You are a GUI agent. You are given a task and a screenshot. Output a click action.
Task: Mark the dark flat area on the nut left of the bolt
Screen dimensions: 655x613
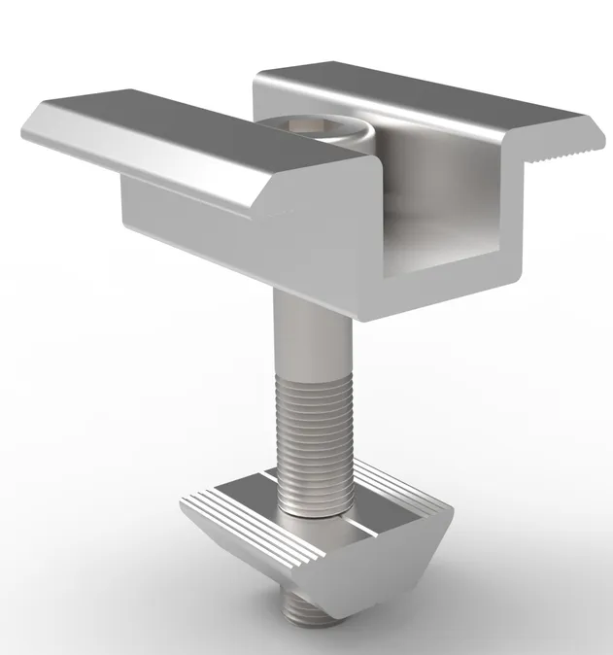coord(248,491)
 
